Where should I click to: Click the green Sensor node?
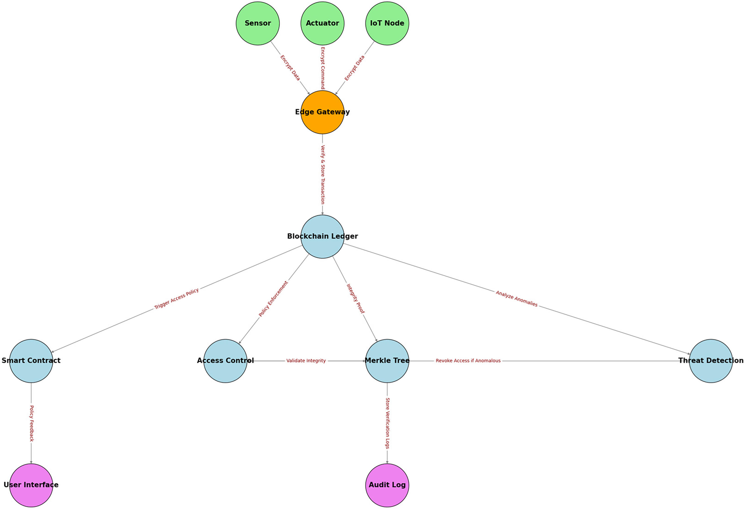click(258, 23)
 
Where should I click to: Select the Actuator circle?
click(322, 23)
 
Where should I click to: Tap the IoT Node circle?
click(387, 23)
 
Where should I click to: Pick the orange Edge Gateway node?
click(322, 112)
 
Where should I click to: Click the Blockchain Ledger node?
click(322, 236)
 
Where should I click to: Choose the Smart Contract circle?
click(31, 361)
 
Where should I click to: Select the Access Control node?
click(225, 361)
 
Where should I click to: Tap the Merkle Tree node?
click(387, 361)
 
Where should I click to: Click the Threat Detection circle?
click(711, 361)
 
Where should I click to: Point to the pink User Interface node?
click(31, 485)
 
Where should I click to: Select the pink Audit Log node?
click(387, 485)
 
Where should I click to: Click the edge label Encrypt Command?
click(323, 68)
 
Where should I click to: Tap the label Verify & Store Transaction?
click(323, 174)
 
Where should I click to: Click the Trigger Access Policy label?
click(176, 299)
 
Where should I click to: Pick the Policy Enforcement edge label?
click(273, 299)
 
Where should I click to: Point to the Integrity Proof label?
click(355, 299)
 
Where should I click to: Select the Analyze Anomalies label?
click(516, 299)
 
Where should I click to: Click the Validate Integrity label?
click(306, 361)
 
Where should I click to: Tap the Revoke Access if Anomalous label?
click(468, 361)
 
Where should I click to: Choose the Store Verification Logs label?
click(387, 423)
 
